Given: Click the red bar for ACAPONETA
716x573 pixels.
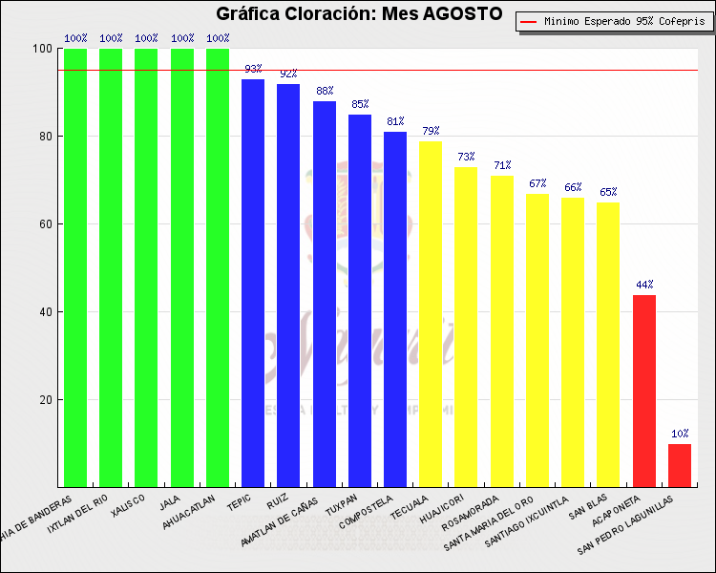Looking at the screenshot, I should pyautogui.click(x=644, y=391).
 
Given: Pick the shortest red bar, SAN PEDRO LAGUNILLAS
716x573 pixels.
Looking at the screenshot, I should pyautogui.click(x=680, y=465).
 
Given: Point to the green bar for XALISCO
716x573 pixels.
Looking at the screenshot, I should pyautogui.click(x=146, y=267).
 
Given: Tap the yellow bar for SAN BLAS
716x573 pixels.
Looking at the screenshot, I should pyautogui.click(x=608, y=344).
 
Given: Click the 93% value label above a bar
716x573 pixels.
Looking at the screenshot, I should pyautogui.click(x=253, y=69).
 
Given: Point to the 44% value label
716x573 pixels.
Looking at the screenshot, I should pyautogui.click(x=644, y=285).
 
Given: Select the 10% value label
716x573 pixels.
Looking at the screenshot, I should pyautogui.click(x=680, y=434).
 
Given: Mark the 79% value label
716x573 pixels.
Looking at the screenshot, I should pyautogui.click(x=431, y=131).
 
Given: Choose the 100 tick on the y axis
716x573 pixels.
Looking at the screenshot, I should pyautogui.click(x=42, y=49).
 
